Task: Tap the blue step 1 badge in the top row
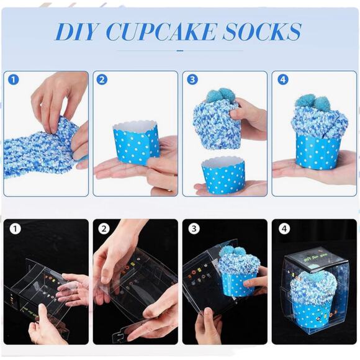point(14,81)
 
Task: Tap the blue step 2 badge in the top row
point(102,81)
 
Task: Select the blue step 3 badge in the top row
point(192,81)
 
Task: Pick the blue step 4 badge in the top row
point(282,81)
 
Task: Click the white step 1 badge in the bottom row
point(15,228)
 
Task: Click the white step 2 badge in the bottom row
point(104,228)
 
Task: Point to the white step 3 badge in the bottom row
point(194,228)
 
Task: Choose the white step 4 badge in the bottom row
point(284,228)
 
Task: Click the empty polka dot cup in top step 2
point(136,144)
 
